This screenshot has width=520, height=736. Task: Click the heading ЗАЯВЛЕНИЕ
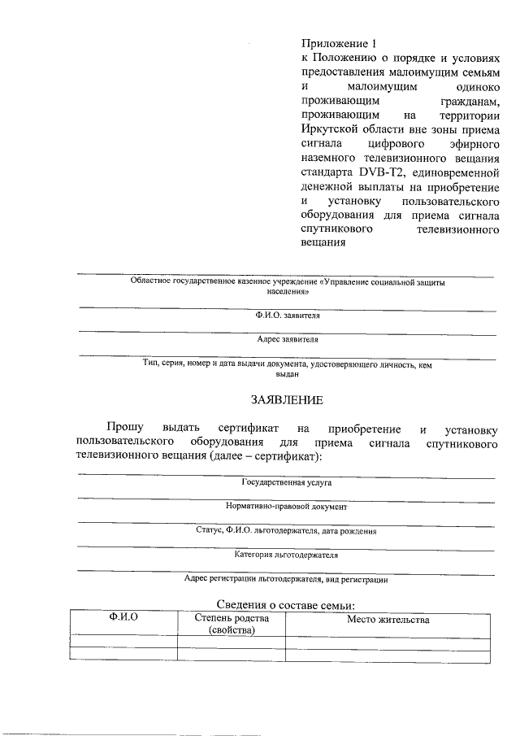click(287, 399)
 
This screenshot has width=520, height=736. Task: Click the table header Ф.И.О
click(123, 619)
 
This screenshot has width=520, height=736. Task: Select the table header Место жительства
click(388, 620)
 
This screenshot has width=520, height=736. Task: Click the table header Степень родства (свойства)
click(231, 625)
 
